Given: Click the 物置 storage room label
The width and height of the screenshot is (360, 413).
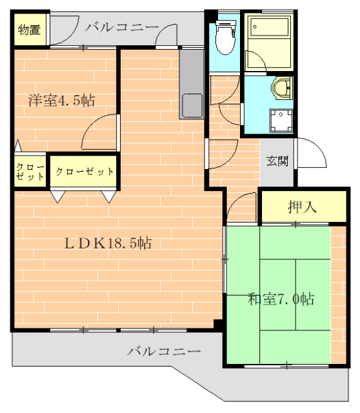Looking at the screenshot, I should (28, 30).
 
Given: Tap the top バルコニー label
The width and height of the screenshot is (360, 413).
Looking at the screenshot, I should (121, 27).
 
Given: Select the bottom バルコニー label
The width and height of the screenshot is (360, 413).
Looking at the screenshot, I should (164, 352).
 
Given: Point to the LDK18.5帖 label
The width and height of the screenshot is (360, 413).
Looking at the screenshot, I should (108, 243).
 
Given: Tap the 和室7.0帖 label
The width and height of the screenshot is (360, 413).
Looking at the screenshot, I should (281, 299).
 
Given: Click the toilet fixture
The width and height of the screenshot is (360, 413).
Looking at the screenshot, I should (225, 39).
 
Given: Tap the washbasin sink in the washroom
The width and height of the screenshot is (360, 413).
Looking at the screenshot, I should (281, 88).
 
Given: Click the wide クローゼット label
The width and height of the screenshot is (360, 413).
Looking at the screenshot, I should (85, 172).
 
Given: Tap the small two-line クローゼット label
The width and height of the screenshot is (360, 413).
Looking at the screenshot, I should (30, 171).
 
